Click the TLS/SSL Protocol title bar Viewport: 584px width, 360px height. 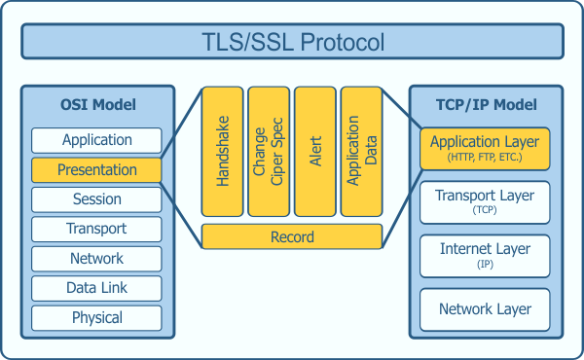point(292,43)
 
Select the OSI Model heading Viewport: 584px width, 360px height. point(96,105)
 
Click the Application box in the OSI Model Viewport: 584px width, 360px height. point(96,140)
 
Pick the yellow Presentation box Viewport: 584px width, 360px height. point(96,170)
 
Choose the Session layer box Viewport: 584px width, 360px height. point(96,199)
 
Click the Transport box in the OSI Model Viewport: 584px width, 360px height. point(96,229)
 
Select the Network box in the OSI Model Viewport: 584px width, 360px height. point(96,259)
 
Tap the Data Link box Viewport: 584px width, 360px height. point(96,288)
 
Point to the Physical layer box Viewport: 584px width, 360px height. point(96,318)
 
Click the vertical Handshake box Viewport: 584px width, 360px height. point(223,151)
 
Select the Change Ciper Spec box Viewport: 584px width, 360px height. point(269,151)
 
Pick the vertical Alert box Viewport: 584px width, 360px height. point(314,151)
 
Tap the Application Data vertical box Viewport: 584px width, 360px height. point(361,151)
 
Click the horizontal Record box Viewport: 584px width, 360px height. point(292,237)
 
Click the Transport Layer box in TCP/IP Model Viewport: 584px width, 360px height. point(485,201)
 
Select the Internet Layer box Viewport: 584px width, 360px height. point(485,255)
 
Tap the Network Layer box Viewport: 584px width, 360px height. point(485,309)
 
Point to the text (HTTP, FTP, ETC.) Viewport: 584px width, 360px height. point(485,158)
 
